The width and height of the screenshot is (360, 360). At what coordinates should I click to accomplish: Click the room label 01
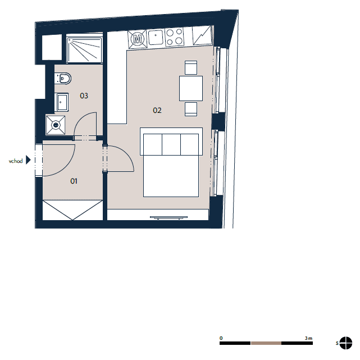point(74,181)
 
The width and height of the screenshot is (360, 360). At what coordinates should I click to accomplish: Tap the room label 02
point(157,111)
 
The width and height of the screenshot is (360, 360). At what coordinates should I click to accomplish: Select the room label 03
point(84,95)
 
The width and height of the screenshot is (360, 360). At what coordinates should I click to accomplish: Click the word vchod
point(16,161)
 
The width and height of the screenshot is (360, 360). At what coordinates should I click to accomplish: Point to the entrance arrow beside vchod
point(28,160)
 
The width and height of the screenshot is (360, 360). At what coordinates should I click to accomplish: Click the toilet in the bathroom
point(63,79)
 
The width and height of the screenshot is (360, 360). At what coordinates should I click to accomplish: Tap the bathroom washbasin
point(62,102)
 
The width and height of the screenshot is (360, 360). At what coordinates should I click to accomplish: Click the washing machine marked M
point(137,39)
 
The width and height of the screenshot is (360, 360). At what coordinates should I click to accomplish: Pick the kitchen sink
point(156,38)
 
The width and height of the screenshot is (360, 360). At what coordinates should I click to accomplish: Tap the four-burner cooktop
point(174,37)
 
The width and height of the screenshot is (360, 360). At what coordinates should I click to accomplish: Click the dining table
point(191,88)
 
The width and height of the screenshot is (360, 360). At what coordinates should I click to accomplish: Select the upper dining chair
point(191,68)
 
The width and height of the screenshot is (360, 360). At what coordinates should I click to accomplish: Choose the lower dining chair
point(191,109)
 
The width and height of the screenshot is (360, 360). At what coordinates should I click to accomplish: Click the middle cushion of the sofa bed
point(171,145)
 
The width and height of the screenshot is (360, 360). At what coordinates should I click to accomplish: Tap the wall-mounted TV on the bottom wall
point(168,217)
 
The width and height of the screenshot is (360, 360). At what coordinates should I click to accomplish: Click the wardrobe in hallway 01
point(72,210)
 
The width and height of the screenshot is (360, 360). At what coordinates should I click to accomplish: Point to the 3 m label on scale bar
point(308,338)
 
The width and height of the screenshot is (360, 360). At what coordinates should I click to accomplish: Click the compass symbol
point(346,343)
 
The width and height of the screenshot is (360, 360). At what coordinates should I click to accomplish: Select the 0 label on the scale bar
point(221,338)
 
